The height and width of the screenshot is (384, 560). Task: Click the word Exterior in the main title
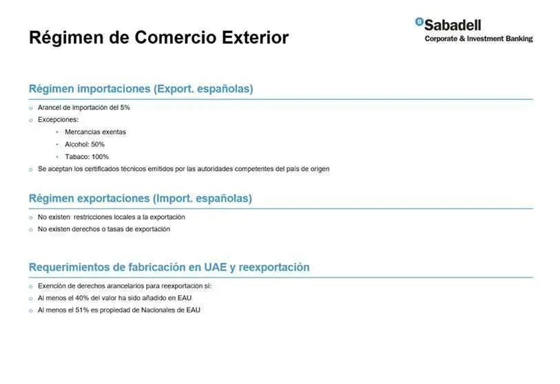(x=255, y=37)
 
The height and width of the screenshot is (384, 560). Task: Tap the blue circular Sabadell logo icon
(x=419, y=22)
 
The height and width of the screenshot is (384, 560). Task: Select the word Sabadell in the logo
(x=453, y=25)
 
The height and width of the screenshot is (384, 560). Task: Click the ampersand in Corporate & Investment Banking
(x=462, y=39)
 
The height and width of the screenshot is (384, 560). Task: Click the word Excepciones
(x=58, y=120)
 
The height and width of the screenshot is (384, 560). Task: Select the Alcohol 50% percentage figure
(x=98, y=145)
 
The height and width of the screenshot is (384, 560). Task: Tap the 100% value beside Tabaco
(x=100, y=157)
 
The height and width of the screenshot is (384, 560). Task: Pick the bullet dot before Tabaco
(x=57, y=157)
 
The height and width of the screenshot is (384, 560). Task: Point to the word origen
(x=320, y=169)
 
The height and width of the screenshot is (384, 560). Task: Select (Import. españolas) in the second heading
(x=203, y=198)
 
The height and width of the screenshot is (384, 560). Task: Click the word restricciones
(x=93, y=217)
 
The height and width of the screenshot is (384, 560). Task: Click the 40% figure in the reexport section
(x=82, y=298)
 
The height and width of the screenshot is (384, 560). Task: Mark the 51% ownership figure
(x=82, y=310)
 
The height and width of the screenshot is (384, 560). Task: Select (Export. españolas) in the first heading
(x=204, y=89)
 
